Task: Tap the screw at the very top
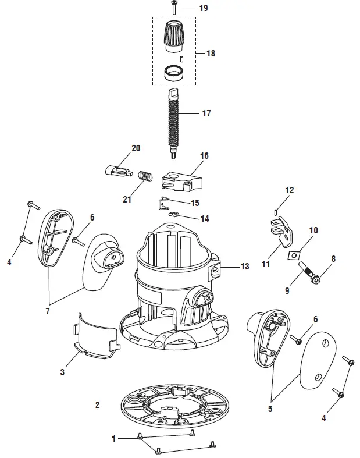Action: pyautogui.click(x=174, y=8)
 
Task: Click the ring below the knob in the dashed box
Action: pyautogui.click(x=173, y=73)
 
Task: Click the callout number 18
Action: pyautogui.click(x=211, y=53)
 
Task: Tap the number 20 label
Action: pyautogui.click(x=136, y=148)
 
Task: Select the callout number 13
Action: pyautogui.click(x=245, y=266)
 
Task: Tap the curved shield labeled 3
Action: pyautogui.click(x=96, y=335)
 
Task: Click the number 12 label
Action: pyautogui.click(x=289, y=190)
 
